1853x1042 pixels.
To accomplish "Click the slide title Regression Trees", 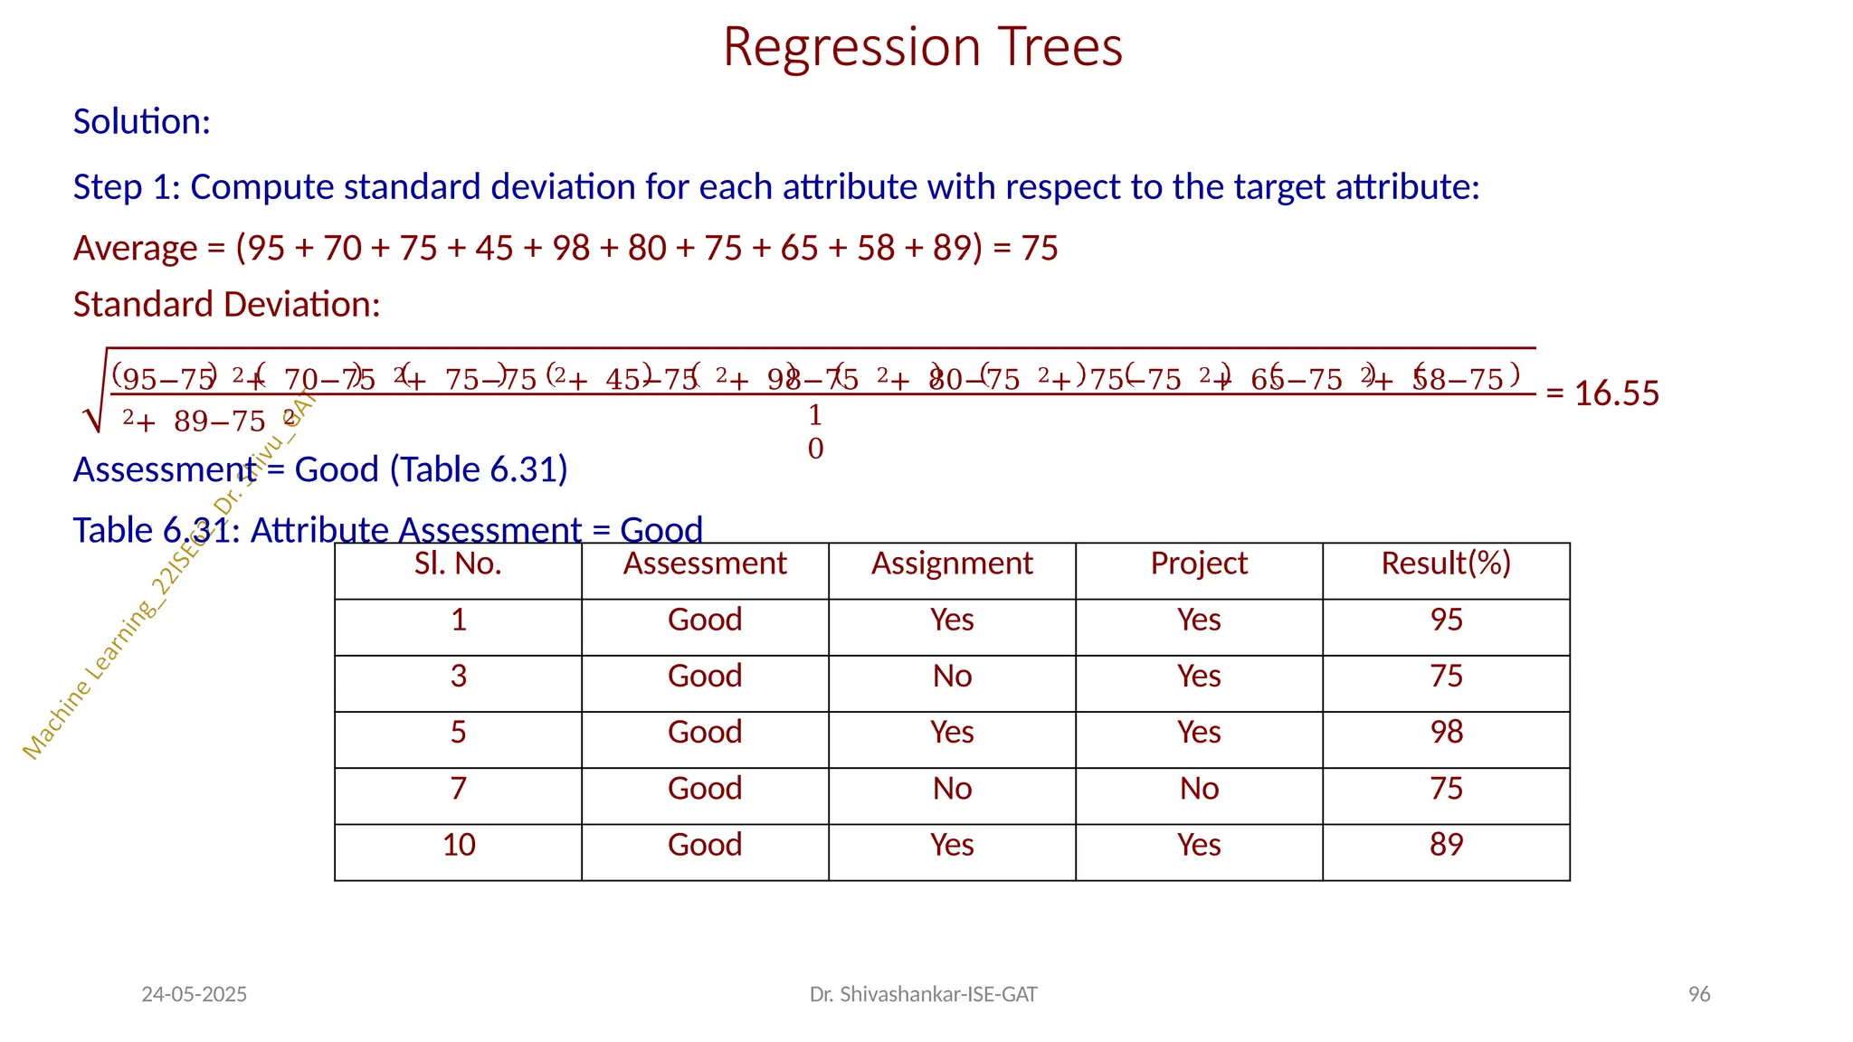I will click(x=922, y=47).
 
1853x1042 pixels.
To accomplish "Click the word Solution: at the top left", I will click(x=141, y=121).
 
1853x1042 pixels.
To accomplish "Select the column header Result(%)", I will click(x=1445, y=564).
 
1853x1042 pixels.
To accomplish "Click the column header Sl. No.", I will click(x=458, y=564).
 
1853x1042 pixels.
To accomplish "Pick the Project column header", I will click(x=1198, y=564).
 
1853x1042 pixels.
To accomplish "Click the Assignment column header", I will click(x=951, y=564).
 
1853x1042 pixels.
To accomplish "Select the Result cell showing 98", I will click(x=1446, y=732).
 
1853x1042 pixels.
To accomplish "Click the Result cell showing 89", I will click(x=1446, y=845).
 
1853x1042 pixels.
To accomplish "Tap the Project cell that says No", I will click(x=1199, y=789).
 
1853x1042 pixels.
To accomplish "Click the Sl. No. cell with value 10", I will click(x=459, y=845).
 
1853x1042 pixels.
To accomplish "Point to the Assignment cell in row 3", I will click(x=952, y=677).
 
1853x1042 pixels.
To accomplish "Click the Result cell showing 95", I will click(x=1446, y=620).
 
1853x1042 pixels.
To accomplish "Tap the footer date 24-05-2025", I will click(x=194, y=994).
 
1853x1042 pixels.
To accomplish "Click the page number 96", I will click(x=1698, y=994).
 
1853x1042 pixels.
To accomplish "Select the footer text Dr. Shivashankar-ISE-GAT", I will click(x=923, y=994).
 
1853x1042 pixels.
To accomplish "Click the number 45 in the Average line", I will click(x=494, y=248).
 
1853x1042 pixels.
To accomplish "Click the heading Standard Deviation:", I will click(x=226, y=305).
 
